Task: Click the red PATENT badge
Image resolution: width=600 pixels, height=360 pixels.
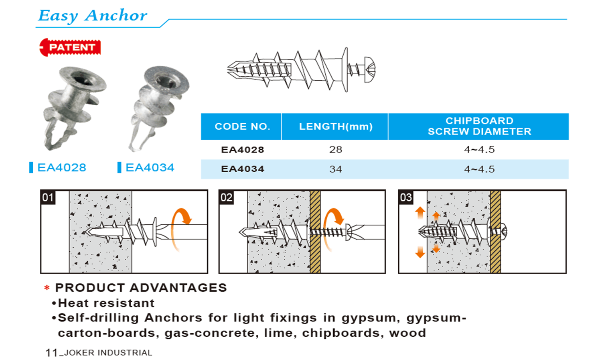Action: pos(70,47)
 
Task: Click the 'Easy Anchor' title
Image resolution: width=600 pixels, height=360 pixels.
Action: pos(93,16)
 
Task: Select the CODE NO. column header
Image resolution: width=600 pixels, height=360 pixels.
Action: pos(242,126)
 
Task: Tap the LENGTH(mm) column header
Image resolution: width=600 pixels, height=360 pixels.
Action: pos(336,126)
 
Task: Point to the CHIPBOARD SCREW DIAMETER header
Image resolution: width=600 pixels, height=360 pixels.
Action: pos(479,126)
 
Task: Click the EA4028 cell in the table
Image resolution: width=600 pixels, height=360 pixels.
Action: pos(243,150)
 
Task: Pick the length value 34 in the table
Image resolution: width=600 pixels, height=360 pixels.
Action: pos(336,169)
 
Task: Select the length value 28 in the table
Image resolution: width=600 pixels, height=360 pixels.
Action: pos(336,149)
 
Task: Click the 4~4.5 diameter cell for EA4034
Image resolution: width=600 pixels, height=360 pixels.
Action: pos(479,169)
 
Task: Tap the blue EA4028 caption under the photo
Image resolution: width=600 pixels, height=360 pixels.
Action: pos(62,167)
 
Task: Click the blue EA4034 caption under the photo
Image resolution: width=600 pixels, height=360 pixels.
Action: pos(150,167)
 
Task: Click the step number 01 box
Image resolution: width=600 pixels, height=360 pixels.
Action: pos(48,197)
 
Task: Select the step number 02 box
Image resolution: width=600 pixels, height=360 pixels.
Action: pos(226,197)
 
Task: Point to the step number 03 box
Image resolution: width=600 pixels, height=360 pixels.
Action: pos(406,197)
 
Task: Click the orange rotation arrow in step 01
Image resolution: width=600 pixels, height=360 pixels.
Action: pos(181,229)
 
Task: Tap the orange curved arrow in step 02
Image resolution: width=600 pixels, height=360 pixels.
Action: pos(333,229)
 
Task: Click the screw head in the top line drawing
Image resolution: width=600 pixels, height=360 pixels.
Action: pos(370,70)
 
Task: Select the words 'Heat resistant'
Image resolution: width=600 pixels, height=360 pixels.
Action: pos(106,303)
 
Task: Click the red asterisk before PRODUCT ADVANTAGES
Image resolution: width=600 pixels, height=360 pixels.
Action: pos(47,288)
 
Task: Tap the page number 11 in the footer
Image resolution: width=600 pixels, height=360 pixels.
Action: pos(51,353)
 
